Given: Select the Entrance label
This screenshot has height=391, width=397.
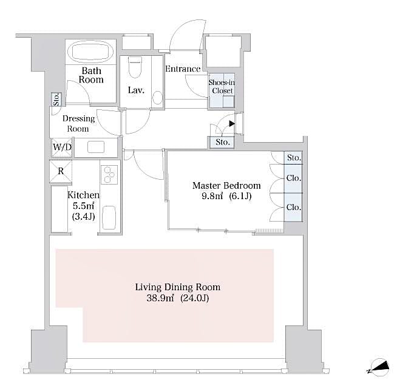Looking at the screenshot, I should (x=183, y=69).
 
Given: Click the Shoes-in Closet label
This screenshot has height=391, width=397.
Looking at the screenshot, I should (x=221, y=87).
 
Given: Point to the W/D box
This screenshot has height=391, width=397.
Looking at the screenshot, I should (x=61, y=147).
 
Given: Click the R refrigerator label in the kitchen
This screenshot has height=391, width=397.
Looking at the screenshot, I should (x=61, y=171).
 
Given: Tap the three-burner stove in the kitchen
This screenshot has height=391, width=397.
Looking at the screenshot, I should (x=110, y=174).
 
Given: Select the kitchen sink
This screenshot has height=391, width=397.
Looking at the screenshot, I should (x=109, y=217).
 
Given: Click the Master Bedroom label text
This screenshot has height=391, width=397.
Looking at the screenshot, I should (x=226, y=186).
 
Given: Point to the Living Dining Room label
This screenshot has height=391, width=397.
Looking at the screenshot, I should (x=177, y=287).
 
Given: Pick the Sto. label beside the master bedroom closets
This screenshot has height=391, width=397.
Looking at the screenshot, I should (x=294, y=158).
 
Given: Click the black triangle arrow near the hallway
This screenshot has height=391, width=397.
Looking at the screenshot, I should (x=232, y=123).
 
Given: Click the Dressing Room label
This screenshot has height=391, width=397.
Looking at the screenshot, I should (x=78, y=123).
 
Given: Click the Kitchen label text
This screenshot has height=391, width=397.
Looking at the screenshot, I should (x=83, y=195).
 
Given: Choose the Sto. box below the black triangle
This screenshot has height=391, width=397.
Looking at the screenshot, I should (x=223, y=143).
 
